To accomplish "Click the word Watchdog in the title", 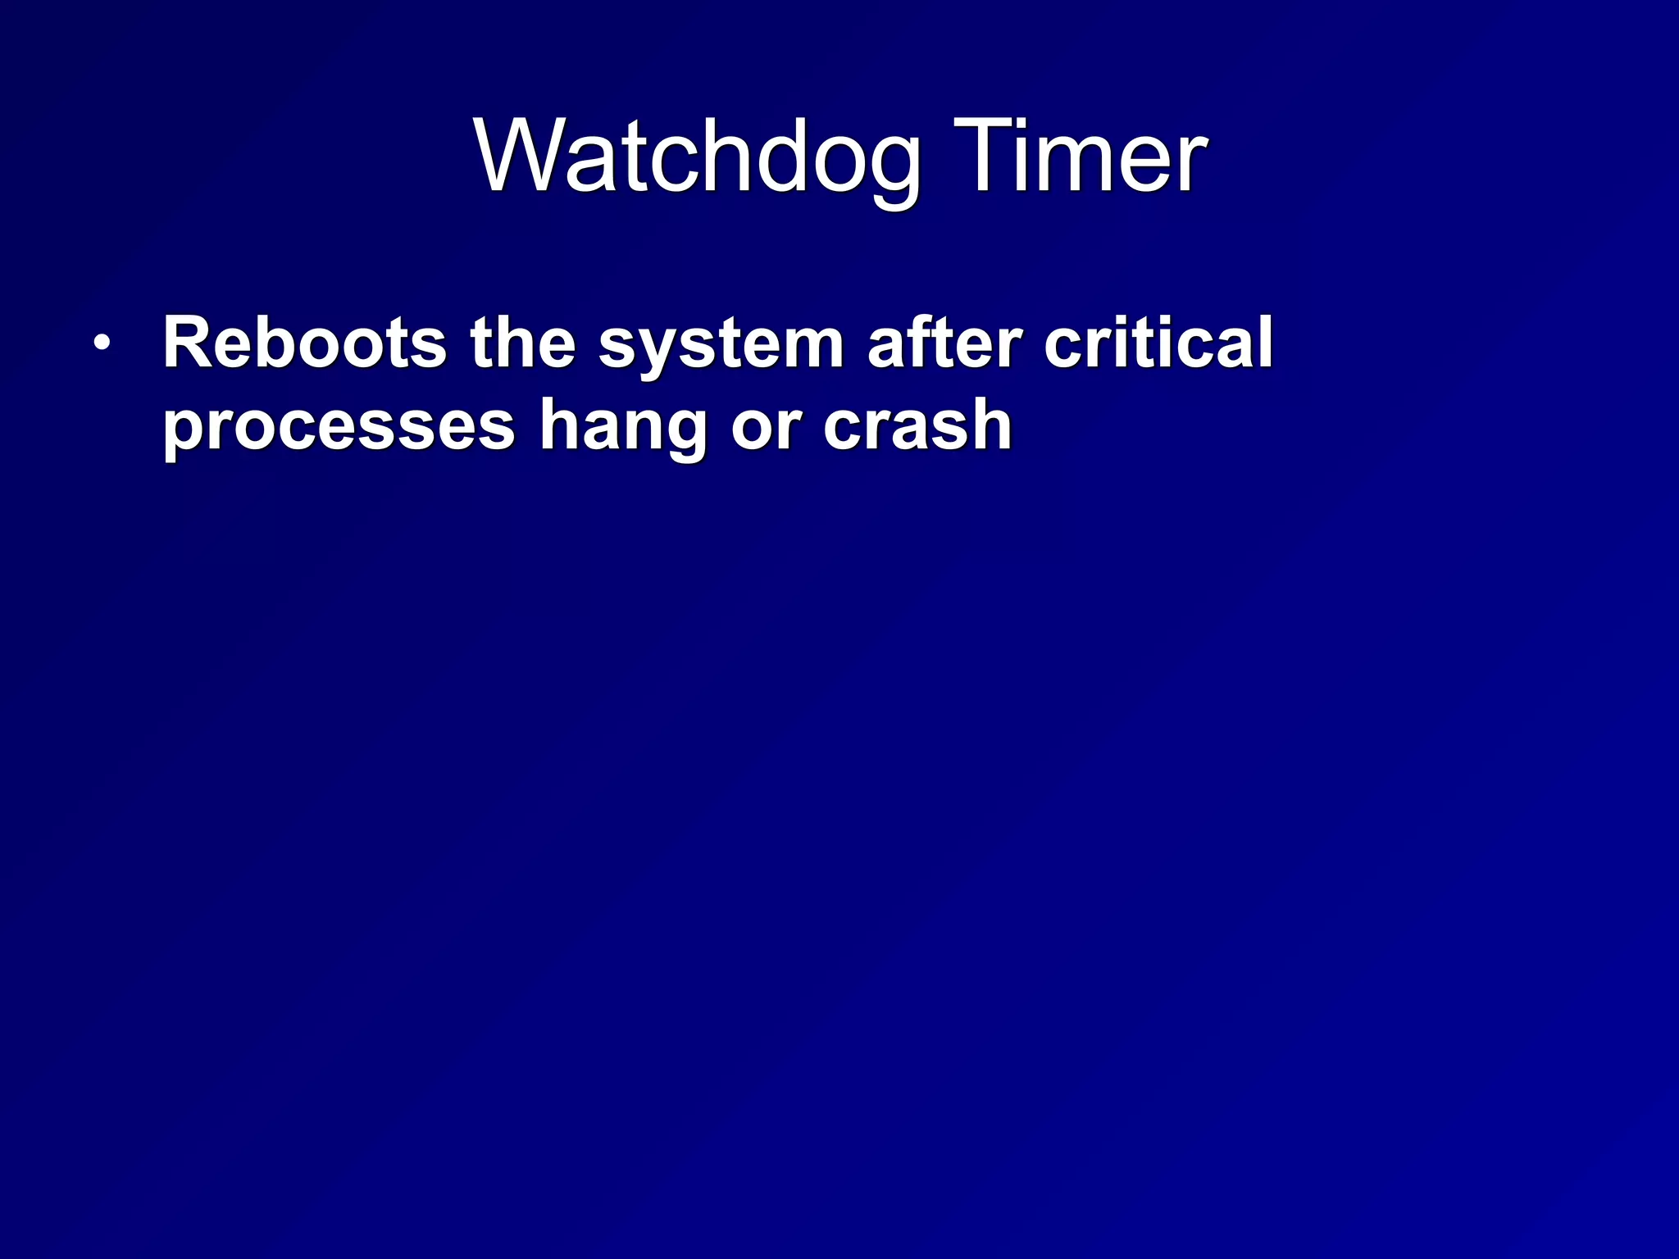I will pos(697,156).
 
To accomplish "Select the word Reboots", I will pos(304,343).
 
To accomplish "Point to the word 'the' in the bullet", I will pos(522,343).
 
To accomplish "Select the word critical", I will pos(1158,343).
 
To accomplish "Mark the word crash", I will pos(917,426).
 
